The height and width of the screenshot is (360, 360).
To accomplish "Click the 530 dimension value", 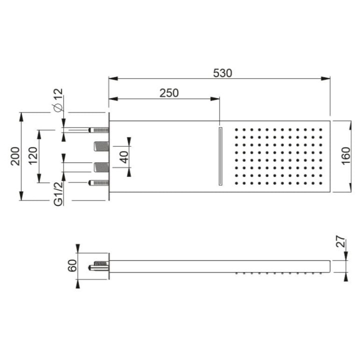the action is pos(222,73).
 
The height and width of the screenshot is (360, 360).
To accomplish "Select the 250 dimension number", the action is pos(169,93).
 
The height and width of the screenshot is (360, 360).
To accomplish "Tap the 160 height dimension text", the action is pos(346,156).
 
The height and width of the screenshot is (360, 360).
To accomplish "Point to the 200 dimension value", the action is pos(15,156).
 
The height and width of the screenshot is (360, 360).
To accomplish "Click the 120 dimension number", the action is pos(33,156).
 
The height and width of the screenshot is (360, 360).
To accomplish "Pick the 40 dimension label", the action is pos(124,157).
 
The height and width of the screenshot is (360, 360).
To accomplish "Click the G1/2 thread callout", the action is pos(58,193).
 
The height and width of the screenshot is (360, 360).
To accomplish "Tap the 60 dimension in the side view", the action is pos(72,265).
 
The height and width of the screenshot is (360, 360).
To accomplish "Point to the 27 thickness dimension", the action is pos(341,242).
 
